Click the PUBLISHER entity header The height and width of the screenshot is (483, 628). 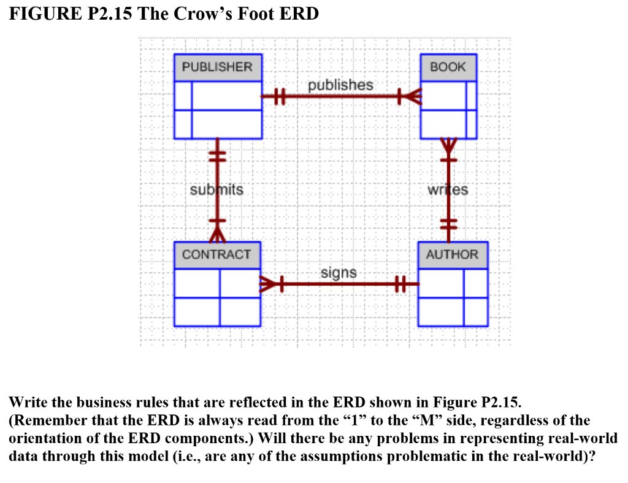pyautogui.click(x=217, y=67)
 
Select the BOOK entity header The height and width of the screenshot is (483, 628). pyautogui.click(x=448, y=67)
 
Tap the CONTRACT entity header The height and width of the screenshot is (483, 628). pyautogui.click(x=216, y=254)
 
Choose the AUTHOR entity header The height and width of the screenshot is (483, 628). pyautogui.click(x=452, y=254)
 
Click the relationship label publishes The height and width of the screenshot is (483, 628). pyautogui.click(x=340, y=85)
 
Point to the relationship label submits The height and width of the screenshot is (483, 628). pyautogui.click(x=216, y=190)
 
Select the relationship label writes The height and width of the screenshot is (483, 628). pyautogui.click(x=448, y=190)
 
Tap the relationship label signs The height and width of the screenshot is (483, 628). pyautogui.click(x=339, y=272)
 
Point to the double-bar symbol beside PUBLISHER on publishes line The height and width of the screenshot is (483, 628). pyautogui.click(x=279, y=96)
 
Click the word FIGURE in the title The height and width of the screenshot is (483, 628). pyautogui.click(x=40, y=14)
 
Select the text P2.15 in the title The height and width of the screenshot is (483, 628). pyautogui.click(x=105, y=14)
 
